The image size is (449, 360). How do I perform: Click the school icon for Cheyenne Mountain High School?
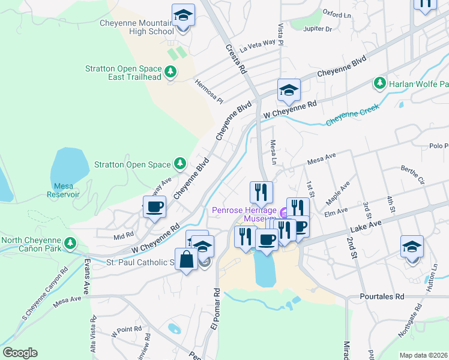[183, 16]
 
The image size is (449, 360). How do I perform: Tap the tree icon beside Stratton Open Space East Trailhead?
[171, 72]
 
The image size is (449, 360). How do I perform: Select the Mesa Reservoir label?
[63, 190]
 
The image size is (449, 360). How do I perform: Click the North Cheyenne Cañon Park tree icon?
[71, 242]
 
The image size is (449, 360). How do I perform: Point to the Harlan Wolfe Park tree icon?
[379, 83]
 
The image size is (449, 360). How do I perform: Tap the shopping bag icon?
[187, 260]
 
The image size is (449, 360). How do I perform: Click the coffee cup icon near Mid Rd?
[154, 207]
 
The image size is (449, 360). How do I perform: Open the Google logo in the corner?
[20, 353]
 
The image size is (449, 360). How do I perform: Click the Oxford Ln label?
[336, 13]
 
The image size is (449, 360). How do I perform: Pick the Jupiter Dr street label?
[319, 28]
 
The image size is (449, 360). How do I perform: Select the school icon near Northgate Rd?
[412, 247]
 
